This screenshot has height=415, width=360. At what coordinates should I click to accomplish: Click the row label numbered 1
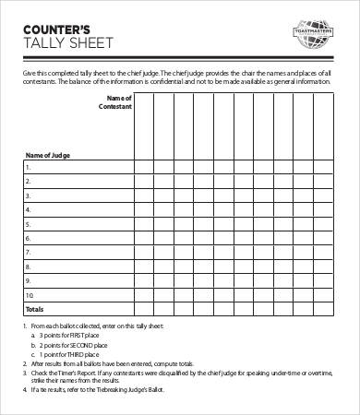[x=28, y=168]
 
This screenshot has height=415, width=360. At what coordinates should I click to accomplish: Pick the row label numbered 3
[x=28, y=196]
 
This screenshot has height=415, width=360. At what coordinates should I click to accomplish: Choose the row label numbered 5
[x=28, y=224]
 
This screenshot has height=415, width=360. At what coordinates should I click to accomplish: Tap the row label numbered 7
[x=28, y=252]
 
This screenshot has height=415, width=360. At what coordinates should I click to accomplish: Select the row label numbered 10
[x=30, y=294]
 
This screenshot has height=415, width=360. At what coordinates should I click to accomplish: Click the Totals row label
[x=33, y=308]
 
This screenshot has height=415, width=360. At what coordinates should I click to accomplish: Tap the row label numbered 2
[x=28, y=182]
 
